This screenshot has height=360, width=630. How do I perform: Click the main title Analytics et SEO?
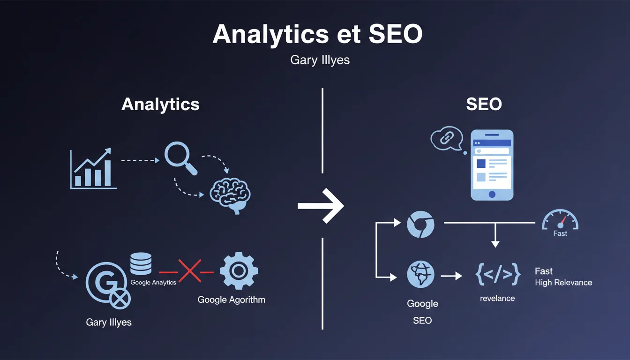(317, 34)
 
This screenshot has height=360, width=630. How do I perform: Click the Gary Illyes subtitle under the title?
(320, 61)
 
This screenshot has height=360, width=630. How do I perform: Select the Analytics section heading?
(160, 104)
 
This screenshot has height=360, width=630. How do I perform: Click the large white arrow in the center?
(321, 205)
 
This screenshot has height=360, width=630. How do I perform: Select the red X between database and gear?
(189, 271)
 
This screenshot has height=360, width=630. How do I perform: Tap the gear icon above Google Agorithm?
(239, 271)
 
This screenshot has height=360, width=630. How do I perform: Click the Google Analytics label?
(153, 282)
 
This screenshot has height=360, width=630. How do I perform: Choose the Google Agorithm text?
(231, 300)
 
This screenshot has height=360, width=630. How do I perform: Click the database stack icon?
(141, 263)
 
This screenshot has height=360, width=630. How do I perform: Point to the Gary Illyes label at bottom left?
(109, 322)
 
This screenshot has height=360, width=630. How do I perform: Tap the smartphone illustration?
(492, 165)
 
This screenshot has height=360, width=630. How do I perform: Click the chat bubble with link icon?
(447, 138)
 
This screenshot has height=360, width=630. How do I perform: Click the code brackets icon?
(497, 275)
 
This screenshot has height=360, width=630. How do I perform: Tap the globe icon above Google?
(420, 274)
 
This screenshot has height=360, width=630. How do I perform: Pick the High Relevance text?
(563, 283)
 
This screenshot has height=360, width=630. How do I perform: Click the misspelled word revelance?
(497, 298)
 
